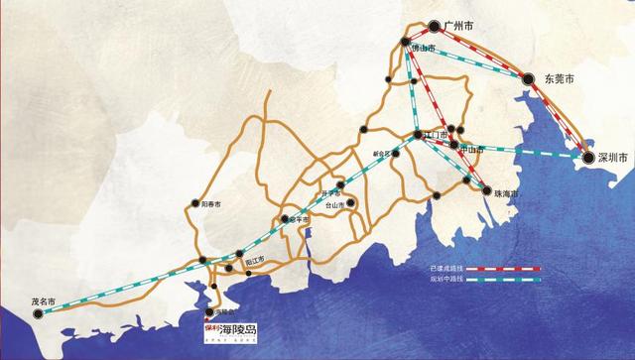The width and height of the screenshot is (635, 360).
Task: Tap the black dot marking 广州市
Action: click(x=435, y=27)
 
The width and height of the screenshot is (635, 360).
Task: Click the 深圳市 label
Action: click(x=614, y=157)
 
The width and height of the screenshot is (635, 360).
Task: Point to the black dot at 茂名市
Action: click(x=38, y=313)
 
